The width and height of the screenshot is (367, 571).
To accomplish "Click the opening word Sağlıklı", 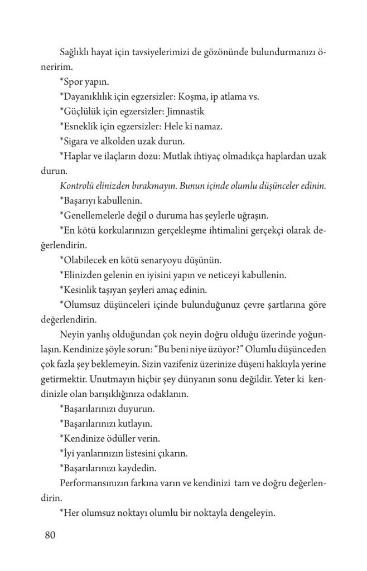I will [x=76, y=52].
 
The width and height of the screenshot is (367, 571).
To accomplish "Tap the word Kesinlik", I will [x=80, y=290].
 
